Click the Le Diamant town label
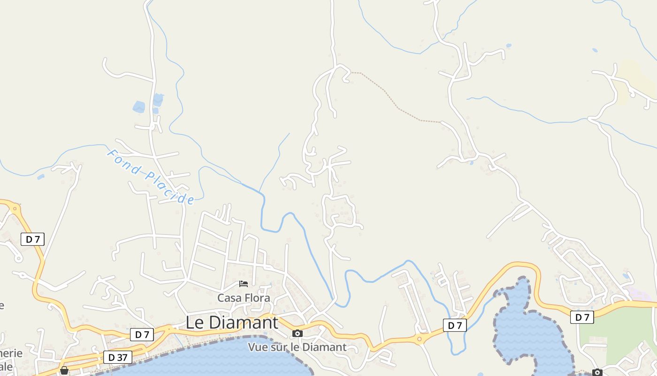[x=232, y=322]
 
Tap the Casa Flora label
[x=244, y=298]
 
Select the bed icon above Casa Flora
[x=244, y=283]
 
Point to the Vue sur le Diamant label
[x=297, y=347]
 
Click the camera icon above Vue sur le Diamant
[x=297, y=334]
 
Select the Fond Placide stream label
[x=151, y=177]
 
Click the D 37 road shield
[x=118, y=357]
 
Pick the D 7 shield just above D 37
[x=142, y=335]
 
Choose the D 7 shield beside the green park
[x=582, y=317]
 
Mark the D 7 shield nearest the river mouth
[x=455, y=325]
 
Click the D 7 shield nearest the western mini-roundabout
[x=32, y=239]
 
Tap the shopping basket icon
[x=64, y=370]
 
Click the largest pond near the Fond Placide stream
[x=139, y=107]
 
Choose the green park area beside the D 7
[x=619, y=334]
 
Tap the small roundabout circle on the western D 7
[x=15, y=207]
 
